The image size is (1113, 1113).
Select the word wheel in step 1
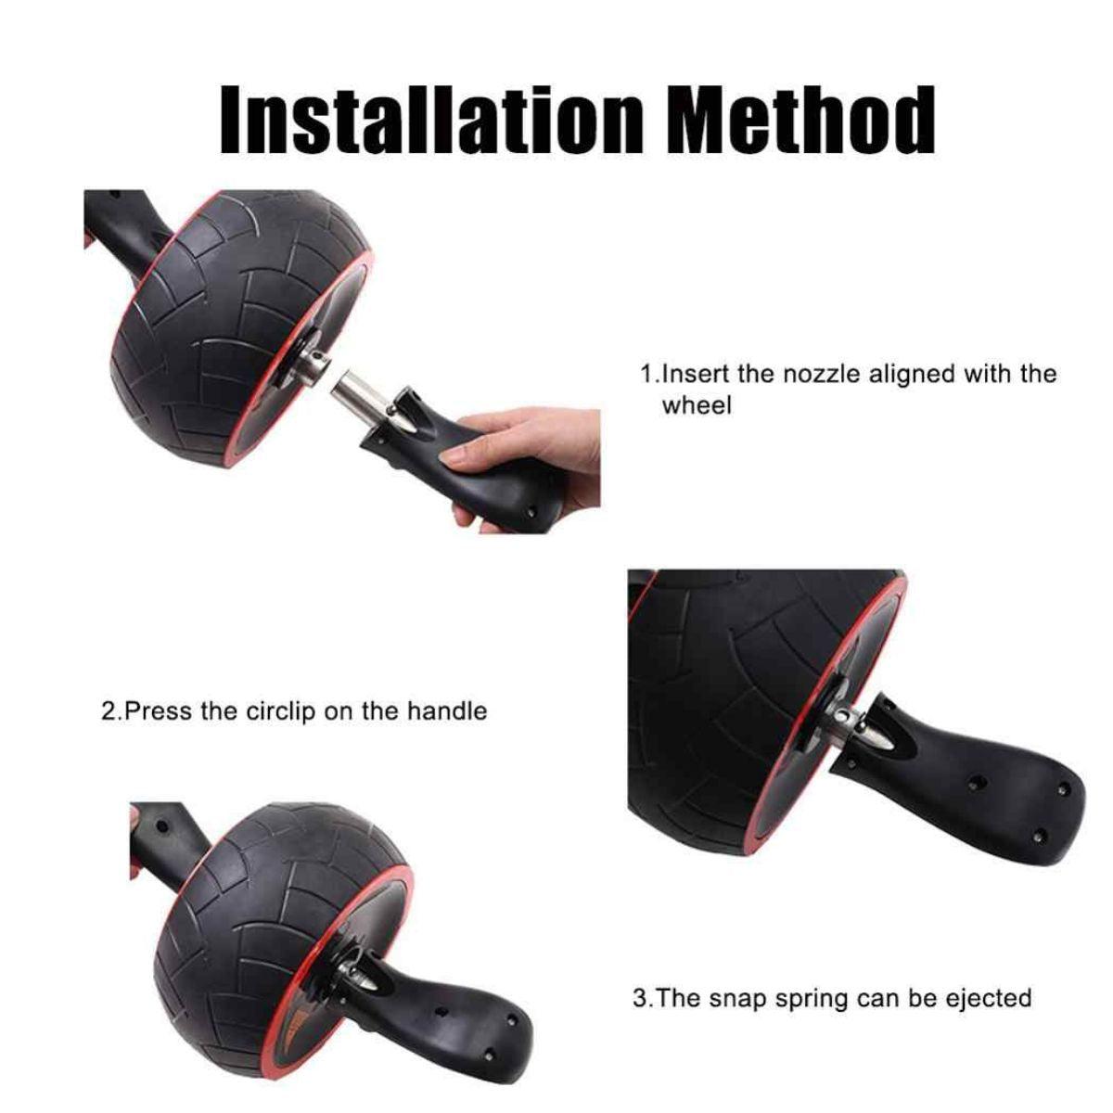[697, 405]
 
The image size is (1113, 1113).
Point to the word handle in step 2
[446, 710]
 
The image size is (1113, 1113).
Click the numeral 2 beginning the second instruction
[109, 711]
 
